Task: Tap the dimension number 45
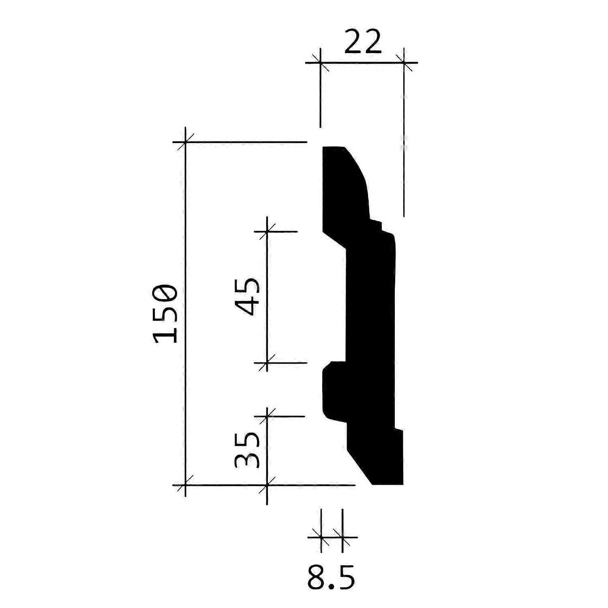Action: (x=248, y=297)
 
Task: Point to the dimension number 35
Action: (x=247, y=450)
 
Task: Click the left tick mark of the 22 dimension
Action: (x=320, y=63)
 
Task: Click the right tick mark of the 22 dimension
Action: (x=404, y=63)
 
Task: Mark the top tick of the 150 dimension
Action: (x=185, y=142)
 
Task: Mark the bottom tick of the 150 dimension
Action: (x=185, y=485)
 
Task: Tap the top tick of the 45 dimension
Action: (x=267, y=231)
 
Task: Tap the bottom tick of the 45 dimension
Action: (x=267, y=363)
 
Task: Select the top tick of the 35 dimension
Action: (x=267, y=416)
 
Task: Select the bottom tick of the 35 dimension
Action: (x=267, y=485)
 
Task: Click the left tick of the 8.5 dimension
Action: (x=321, y=537)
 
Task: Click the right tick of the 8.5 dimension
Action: (x=343, y=537)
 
